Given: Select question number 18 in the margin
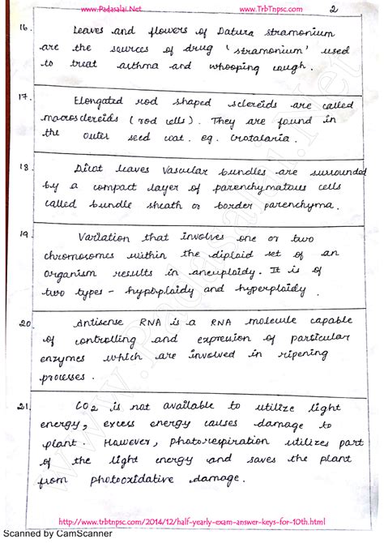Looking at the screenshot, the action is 25,169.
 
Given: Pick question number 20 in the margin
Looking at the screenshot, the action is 24,323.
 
